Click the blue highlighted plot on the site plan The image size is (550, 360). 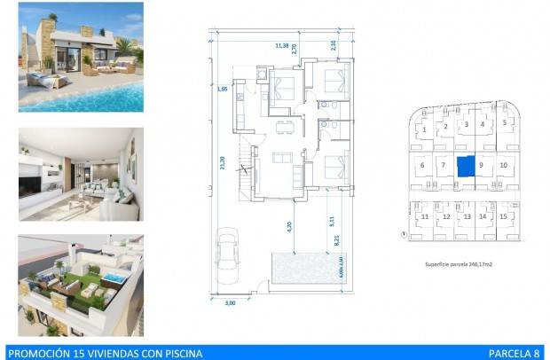464,166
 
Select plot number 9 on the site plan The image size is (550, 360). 480,165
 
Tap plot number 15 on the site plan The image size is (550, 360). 503,216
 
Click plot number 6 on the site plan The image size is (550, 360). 421,165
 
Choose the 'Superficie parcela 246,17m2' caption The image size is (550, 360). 460,264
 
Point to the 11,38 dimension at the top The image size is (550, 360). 281,45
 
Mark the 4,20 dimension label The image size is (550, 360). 289,226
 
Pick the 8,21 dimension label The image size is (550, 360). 338,239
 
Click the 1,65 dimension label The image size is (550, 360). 222,88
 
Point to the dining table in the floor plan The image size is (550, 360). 282,124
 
